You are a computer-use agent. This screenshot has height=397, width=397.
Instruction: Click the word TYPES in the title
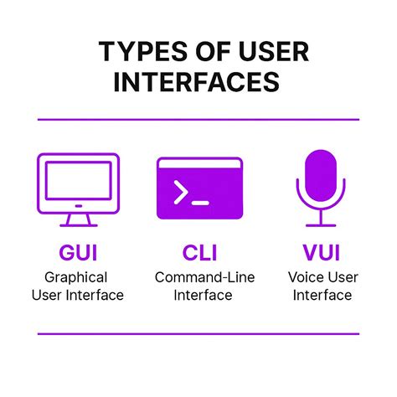click(138, 52)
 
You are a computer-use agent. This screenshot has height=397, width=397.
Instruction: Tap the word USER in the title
click(268, 52)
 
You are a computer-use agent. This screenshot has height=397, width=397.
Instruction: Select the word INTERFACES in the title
click(197, 82)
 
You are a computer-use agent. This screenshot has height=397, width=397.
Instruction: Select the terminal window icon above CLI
click(199, 188)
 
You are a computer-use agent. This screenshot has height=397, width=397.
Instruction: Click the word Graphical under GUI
click(77, 277)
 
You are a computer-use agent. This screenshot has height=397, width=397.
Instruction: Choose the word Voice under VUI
click(305, 277)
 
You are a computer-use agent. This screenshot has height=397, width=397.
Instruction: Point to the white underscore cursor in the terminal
click(199, 202)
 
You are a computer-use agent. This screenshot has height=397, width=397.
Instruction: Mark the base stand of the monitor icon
click(77, 220)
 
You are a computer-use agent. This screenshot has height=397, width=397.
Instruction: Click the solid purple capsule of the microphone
click(320, 174)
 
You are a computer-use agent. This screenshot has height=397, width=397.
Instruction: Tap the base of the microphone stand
click(320, 224)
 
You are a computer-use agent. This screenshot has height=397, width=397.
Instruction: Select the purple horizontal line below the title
click(198, 120)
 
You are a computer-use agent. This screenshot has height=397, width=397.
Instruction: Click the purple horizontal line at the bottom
click(198, 333)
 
